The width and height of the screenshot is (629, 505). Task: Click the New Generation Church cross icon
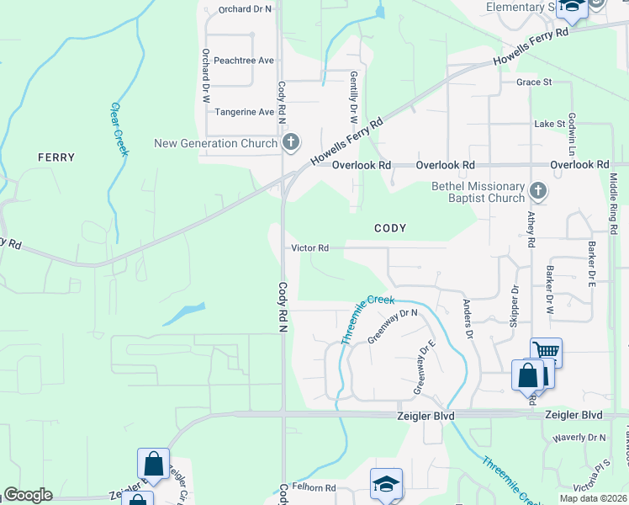pos(291,142)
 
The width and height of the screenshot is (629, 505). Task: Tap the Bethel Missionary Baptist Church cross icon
pos(538,192)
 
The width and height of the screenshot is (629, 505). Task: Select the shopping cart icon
pos(546,351)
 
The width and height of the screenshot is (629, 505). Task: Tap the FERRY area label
pos(56,157)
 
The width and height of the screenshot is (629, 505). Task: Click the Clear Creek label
pos(119,129)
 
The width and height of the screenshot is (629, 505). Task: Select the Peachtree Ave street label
pos(244,61)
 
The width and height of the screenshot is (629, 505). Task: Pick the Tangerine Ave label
pos(245,112)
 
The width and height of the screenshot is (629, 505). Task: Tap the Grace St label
pos(533,82)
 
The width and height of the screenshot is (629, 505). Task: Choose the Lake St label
pos(550,124)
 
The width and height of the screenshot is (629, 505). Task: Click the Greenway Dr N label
pos(393,326)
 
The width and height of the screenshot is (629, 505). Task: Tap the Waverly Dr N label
pos(579,438)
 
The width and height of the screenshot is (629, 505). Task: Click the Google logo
pos(28,495)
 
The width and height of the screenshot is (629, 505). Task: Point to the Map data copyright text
pos(592,498)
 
